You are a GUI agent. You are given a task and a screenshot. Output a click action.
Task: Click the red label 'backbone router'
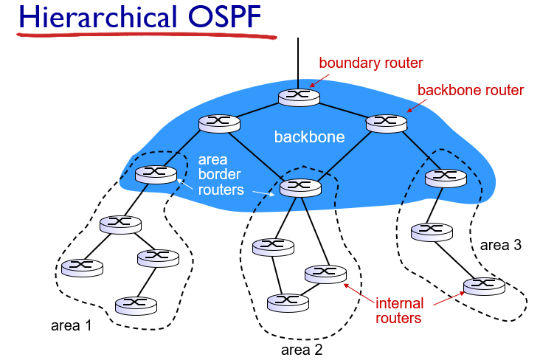point(471,90)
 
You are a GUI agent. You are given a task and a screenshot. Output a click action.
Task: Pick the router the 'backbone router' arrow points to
point(387,122)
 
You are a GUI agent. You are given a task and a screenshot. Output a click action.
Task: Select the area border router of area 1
point(156,174)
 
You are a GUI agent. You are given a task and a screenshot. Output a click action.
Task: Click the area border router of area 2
point(301,187)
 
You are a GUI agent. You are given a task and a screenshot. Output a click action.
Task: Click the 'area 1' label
point(71,325)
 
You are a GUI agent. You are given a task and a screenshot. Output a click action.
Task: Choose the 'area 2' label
point(302,349)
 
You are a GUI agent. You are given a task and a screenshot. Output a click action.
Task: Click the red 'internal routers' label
point(398,311)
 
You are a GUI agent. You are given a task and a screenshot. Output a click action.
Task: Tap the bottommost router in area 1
point(136,304)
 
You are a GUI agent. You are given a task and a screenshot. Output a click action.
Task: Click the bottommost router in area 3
point(483,285)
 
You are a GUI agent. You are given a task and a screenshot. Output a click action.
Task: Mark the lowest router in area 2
point(288,301)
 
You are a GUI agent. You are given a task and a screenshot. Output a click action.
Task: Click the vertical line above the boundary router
point(299,63)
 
